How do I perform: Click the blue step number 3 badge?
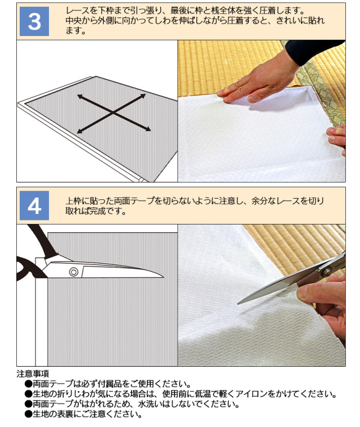pyautogui.click(x=34, y=21)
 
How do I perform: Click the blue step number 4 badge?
pyautogui.click(x=34, y=205)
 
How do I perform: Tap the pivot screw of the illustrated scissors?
pyautogui.click(x=74, y=272)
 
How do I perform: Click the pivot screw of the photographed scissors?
pyautogui.click(x=327, y=271)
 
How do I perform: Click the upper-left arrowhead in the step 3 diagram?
pyautogui.click(x=80, y=96)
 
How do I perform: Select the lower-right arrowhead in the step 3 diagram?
pyautogui.click(x=147, y=129)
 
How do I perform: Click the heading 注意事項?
pyautogui.click(x=33, y=374)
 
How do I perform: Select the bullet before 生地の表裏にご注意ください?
pyautogui.click(x=28, y=414)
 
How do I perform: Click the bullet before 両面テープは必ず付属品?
pyautogui.click(x=28, y=384)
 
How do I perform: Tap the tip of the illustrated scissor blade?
pyautogui.click(x=163, y=277)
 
